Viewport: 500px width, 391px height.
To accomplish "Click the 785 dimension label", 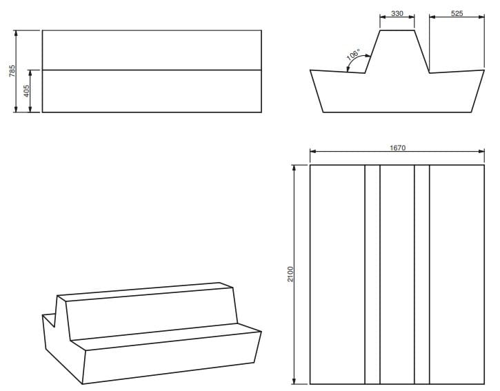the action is coord(12,71).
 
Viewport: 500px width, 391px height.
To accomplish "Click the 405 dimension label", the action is coord(27,91).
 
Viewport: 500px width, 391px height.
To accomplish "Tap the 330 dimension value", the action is coord(397,13).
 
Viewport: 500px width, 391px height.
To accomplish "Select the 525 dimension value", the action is coord(457,13).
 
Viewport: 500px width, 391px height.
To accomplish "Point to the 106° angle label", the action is coord(353,54).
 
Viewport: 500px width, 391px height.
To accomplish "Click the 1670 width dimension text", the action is coord(398,148).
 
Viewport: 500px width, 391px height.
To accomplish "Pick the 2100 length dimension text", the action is coord(290,274).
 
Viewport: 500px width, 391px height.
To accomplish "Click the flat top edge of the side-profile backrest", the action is coord(397,30).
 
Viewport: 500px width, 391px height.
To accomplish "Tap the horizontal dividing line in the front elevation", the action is coord(152,70).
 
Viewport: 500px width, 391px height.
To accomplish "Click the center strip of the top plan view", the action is coord(397,274).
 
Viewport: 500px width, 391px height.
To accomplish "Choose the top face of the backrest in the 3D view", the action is coord(145,292).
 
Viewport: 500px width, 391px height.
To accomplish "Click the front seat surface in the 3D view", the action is coord(166,337).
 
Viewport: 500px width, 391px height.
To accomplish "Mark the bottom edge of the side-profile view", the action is coord(398,112).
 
